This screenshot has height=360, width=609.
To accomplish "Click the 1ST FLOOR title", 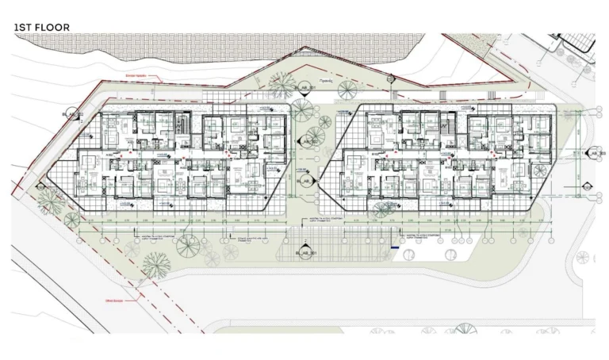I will tap(42, 28).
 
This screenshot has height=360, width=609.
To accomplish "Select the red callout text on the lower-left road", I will tap(114, 300).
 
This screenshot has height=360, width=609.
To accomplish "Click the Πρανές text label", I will tap(325, 82).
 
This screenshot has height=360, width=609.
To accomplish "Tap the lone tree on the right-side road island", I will tap(584, 257).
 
